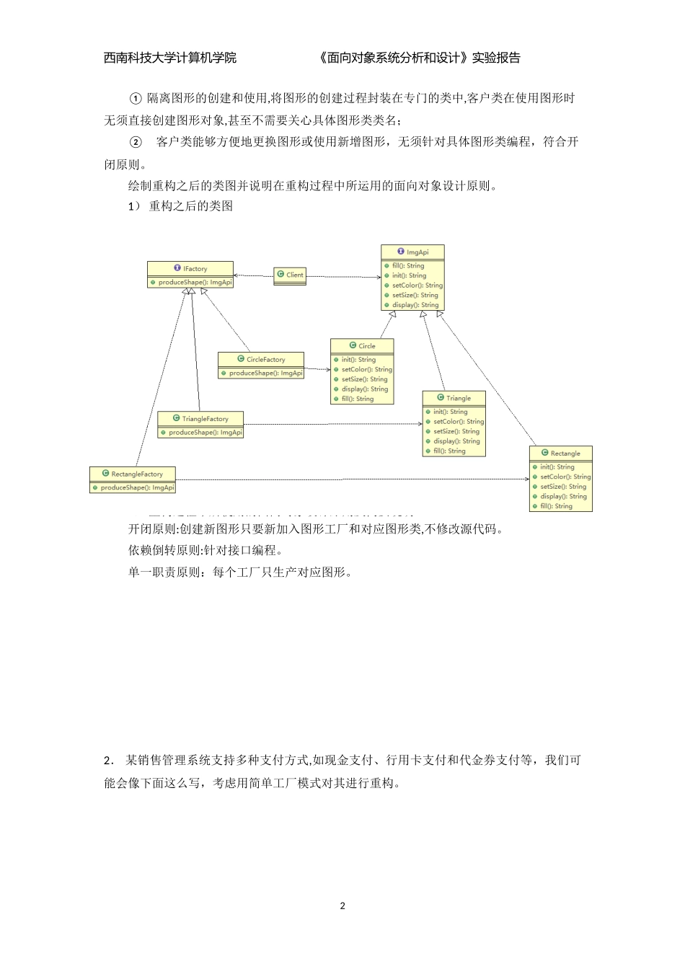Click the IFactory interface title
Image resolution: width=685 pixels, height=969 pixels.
click(191, 269)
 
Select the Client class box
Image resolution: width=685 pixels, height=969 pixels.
click(290, 275)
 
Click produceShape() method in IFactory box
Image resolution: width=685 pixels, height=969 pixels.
click(195, 283)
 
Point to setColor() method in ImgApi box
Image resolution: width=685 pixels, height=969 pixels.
click(417, 286)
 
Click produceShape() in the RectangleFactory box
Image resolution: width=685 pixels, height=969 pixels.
click(137, 488)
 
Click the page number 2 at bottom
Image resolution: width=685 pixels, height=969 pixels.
click(342, 906)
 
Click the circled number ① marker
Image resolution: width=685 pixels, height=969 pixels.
click(135, 99)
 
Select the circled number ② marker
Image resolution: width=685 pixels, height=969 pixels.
click(135, 142)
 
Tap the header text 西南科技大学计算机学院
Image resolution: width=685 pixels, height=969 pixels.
click(170, 58)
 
